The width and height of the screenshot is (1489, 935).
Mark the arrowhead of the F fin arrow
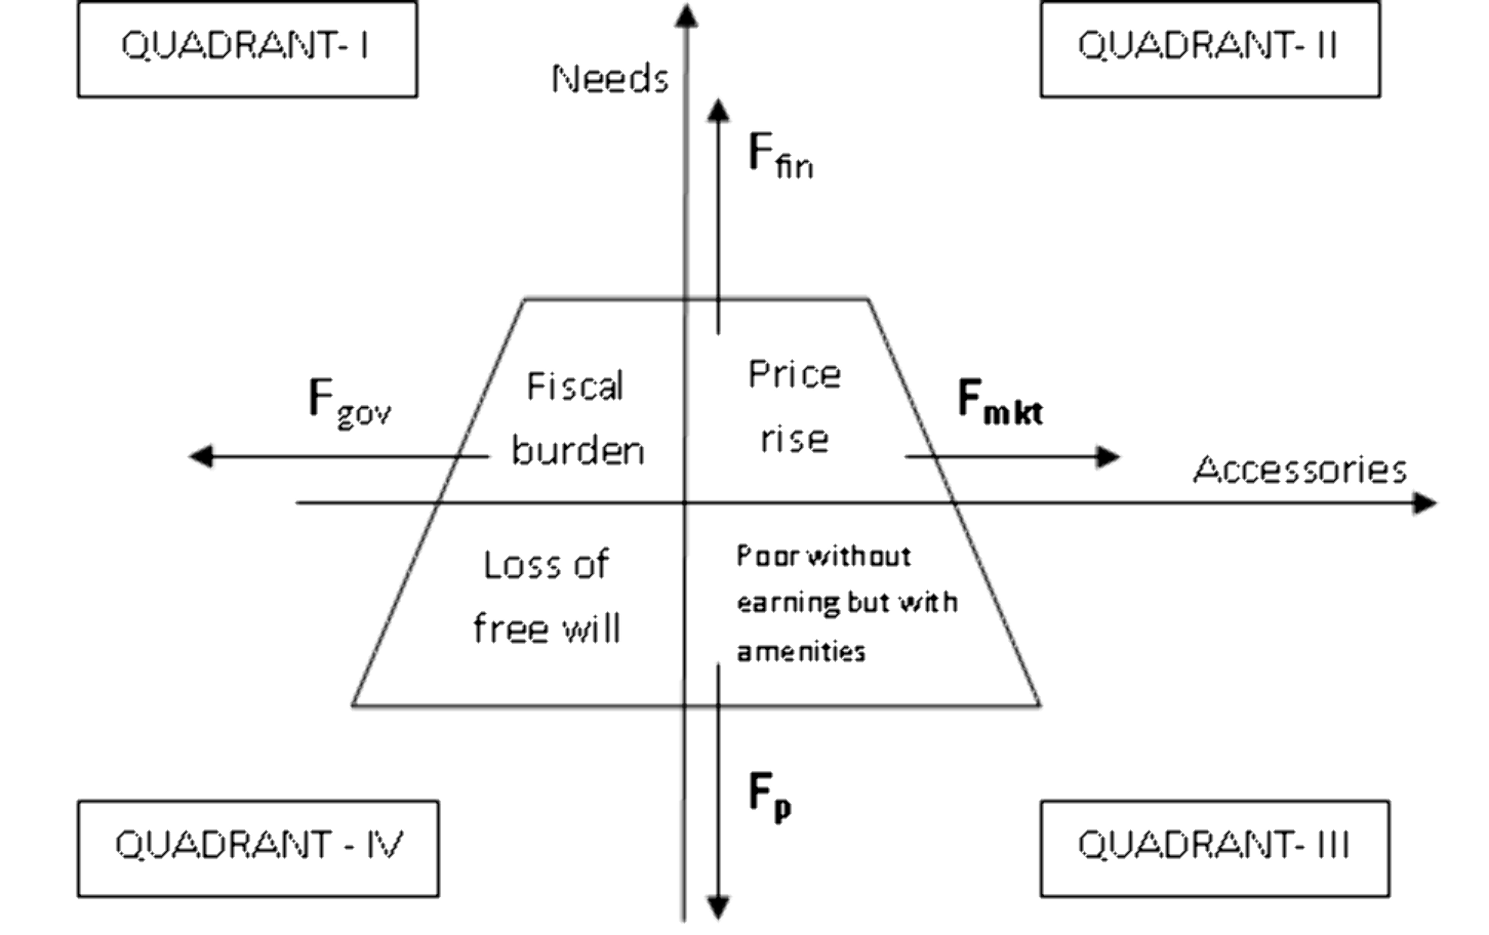(718, 110)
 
